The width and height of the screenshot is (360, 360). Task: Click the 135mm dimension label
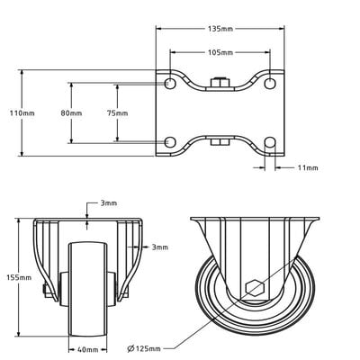tap(220, 29)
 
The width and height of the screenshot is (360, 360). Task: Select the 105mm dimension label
tap(220, 52)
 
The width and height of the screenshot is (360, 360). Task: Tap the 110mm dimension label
tap(22, 113)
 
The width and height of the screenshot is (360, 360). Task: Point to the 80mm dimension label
tap(71, 113)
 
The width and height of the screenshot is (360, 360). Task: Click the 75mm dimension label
tap(117, 113)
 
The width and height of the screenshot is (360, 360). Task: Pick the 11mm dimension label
tap(307, 167)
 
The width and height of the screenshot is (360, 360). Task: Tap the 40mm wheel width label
tap(87, 349)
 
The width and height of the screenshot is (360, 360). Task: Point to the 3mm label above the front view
tap(108, 204)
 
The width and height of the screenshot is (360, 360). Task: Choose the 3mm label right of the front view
tap(159, 247)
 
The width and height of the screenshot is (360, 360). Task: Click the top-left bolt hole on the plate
tap(170, 84)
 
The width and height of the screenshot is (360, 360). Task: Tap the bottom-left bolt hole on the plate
tap(170, 142)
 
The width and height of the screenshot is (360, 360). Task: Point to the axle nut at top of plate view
tap(220, 85)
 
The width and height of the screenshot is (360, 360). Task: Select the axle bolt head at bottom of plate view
tap(220, 141)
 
